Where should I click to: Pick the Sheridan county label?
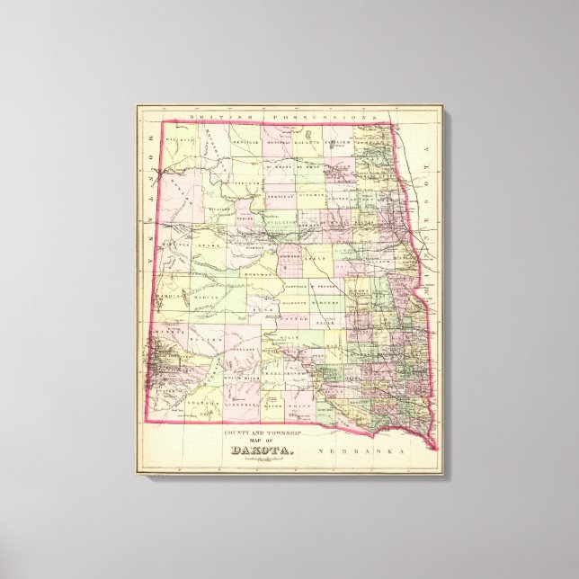click(x=281, y=195)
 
